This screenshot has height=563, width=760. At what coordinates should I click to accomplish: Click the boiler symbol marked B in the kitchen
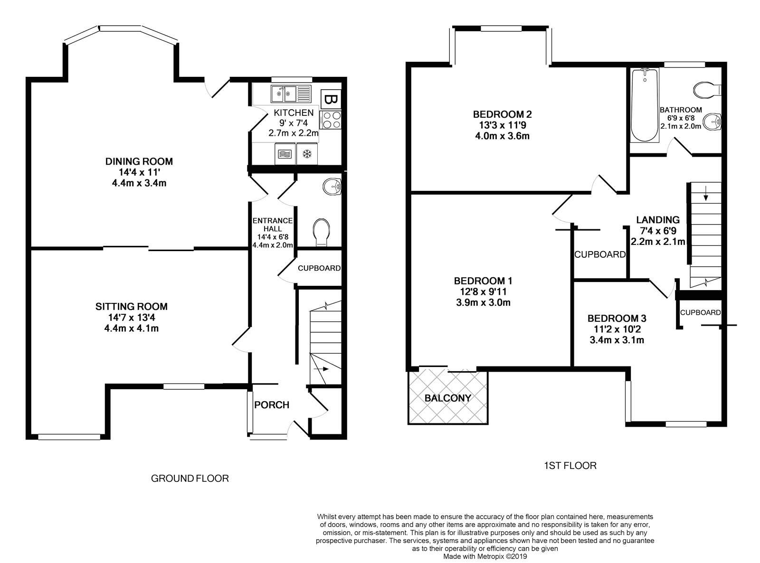(x=330, y=99)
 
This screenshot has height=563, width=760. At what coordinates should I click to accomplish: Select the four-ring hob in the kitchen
(x=331, y=120)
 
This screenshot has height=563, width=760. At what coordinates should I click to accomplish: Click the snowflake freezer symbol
(x=307, y=154)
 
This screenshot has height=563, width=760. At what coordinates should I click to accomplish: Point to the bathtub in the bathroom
(x=645, y=105)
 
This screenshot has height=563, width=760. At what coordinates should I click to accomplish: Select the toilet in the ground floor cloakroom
(x=322, y=232)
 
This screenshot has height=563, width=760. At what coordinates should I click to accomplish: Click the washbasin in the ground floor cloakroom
(x=332, y=187)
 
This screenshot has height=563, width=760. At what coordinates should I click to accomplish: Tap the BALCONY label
(x=447, y=398)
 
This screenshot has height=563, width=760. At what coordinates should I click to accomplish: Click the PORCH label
(x=272, y=405)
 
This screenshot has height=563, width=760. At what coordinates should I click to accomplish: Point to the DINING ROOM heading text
(x=139, y=161)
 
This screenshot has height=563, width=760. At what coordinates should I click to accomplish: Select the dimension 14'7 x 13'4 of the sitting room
(x=131, y=318)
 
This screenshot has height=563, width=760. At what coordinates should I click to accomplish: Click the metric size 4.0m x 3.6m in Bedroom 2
(x=502, y=136)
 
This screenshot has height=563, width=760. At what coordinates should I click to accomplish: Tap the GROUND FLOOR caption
(x=190, y=479)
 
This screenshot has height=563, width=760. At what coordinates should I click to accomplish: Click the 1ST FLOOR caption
(x=570, y=465)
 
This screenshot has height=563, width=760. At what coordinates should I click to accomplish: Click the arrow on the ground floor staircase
(x=321, y=369)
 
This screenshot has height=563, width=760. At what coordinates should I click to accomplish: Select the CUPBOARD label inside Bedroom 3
(x=700, y=312)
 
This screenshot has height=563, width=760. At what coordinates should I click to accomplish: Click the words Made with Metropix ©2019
(x=485, y=556)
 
